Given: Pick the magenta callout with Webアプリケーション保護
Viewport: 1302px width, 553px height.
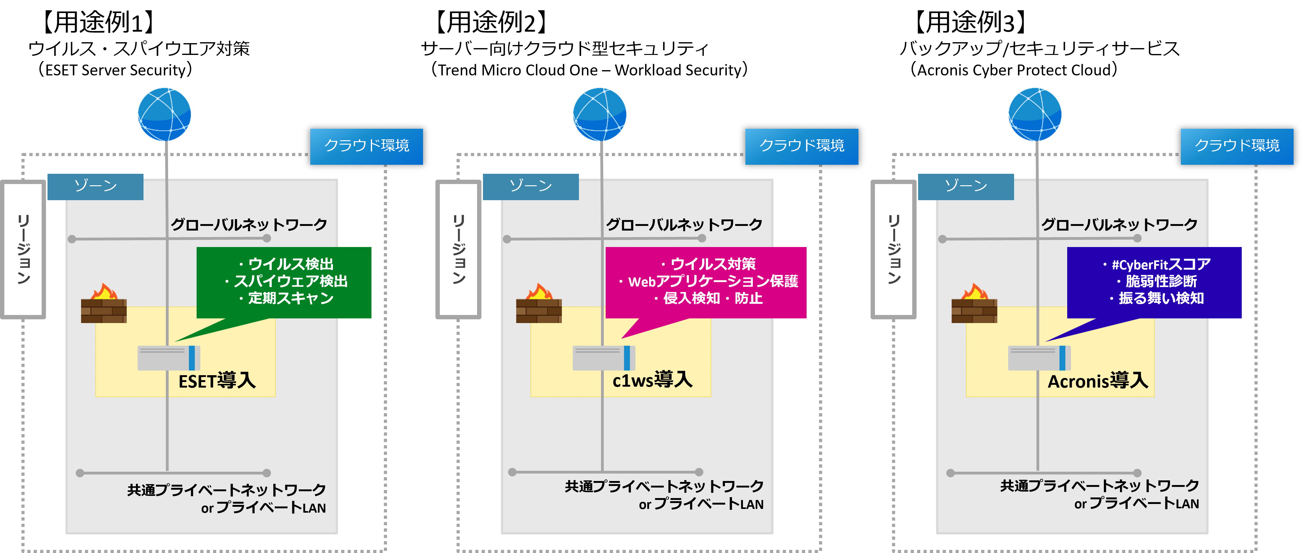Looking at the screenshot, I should coord(706,282).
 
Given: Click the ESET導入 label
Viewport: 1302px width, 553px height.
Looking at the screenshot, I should coord(217,380).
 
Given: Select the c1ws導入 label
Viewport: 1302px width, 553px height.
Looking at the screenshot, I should coord(652,379).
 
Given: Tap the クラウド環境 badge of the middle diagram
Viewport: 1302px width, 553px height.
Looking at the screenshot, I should coord(802,146).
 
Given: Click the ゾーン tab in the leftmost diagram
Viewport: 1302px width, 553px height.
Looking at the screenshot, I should coord(96,187).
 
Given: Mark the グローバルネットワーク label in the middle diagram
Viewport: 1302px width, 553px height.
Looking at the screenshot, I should coord(684,224).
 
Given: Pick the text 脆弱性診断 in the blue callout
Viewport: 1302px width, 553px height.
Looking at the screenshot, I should coord(1161,281).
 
